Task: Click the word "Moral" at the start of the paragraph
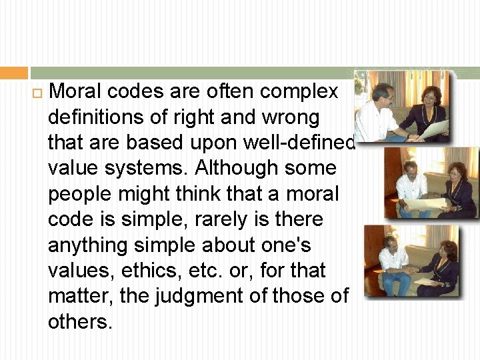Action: [75, 91]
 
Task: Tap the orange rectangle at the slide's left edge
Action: [13, 73]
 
